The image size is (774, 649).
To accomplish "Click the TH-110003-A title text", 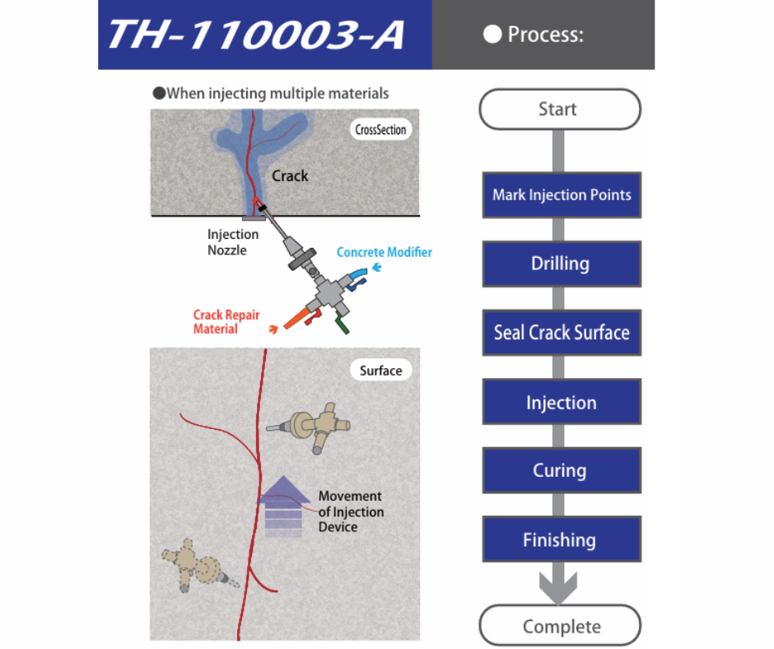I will click(255, 35).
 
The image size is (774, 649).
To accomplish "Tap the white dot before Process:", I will click(492, 35).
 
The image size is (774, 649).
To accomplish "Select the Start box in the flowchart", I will click(559, 109).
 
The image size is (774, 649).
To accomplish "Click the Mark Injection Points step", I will click(562, 195).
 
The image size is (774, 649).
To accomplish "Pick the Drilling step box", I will click(561, 264).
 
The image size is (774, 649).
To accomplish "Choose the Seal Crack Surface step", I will click(562, 333).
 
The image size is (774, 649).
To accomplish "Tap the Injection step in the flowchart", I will click(562, 403).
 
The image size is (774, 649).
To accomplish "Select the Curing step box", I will click(561, 471).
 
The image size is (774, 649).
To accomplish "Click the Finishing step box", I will click(561, 540).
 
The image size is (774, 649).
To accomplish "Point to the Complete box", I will click(561, 626).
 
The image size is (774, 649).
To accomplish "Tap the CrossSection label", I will click(380, 129).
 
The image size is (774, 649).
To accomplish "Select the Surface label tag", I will click(380, 371).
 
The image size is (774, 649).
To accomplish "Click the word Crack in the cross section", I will click(290, 175).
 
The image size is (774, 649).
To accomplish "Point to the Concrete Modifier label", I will click(384, 252).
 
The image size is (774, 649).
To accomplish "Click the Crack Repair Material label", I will click(216, 322).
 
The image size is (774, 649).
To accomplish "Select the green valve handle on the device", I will click(342, 327).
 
